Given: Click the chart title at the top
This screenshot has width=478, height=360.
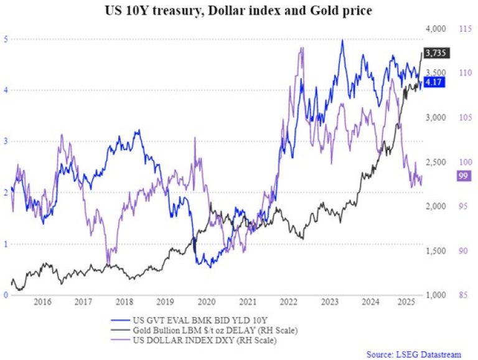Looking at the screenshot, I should [x=239, y=11].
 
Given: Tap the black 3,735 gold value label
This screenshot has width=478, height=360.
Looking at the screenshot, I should [x=436, y=52].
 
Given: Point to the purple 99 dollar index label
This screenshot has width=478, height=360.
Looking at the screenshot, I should [x=463, y=177].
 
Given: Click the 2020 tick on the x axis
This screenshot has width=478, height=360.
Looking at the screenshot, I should [x=206, y=302].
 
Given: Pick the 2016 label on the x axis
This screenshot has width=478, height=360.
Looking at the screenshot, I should [x=42, y=302].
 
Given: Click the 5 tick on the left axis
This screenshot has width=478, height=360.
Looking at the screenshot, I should [x=6, y=39].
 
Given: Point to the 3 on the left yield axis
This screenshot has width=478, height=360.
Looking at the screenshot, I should [x=6, y=141].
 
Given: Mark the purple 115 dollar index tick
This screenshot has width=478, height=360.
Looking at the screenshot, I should [x=464, y=29].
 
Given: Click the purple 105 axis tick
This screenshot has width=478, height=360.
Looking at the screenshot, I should [x=464, y=117].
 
